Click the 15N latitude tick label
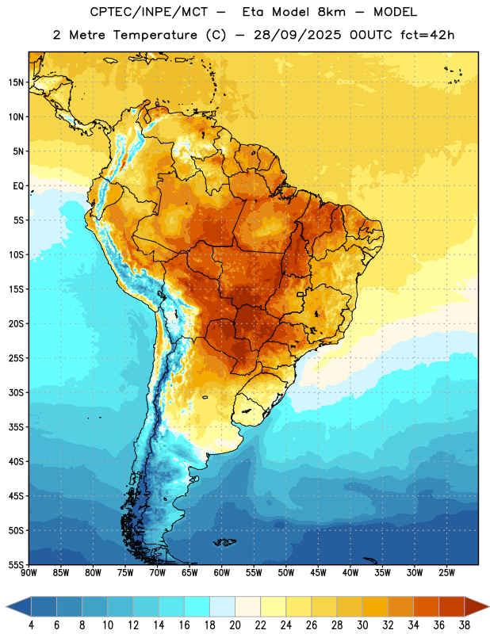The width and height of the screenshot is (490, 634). tap(16, 82)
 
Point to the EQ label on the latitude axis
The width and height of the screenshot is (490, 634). tap(18, 186)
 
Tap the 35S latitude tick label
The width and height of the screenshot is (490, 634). tap(16, 427)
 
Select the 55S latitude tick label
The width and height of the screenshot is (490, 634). tap(16, 564)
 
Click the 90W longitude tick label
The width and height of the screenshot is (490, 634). tap(29, 573)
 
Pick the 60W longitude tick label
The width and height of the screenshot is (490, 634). tap(222, 573)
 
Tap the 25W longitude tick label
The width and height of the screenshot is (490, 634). tap(446, 573)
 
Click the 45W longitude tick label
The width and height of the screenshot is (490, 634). tap(318, 573)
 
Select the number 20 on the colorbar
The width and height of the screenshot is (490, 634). tap(235, 625)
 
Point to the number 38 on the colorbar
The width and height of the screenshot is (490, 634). tap(465, 625)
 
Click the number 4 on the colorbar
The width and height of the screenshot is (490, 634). tap(31, 625)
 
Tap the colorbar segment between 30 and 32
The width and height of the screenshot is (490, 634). tap(375, 606)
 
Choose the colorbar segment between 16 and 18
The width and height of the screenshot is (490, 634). tap(197, 606)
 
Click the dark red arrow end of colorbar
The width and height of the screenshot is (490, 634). tap(477, 606)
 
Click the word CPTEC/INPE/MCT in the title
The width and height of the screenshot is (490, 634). tap(149, 12)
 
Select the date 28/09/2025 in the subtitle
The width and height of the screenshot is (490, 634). tap(298, 35)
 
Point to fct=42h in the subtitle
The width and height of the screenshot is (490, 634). tap(427, 35)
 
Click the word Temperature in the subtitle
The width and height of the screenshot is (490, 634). tap(155, 35)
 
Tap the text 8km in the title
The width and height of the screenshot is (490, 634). tap(331, 12)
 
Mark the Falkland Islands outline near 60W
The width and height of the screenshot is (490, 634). tap(224, 542)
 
